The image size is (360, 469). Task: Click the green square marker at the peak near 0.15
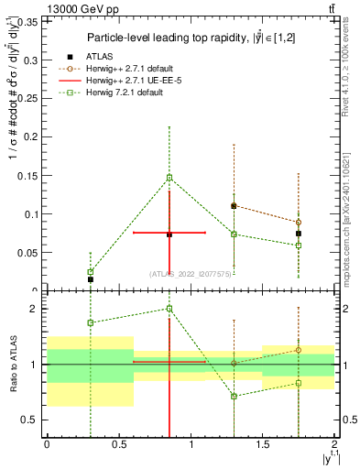(x=169, y=178)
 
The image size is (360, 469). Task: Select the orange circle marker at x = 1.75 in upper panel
(x=299, y=223)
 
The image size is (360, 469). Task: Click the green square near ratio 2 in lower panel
(x=169, y=309)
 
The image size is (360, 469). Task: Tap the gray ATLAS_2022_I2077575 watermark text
(x=190, y=273)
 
